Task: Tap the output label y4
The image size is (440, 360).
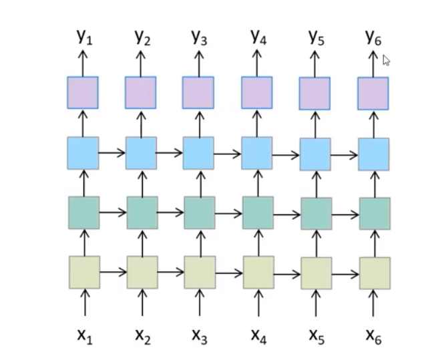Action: coord(258,37)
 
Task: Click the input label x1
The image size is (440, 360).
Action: coord(85,336)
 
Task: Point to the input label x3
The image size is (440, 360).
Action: coord(199,336)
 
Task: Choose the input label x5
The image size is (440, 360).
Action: coord(316,336)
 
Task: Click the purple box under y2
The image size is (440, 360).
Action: coord(140,92)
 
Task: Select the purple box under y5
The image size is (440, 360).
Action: coord(314,94)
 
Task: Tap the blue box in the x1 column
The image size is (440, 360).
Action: coord(83,153)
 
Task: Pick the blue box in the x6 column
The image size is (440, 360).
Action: coord(373,154)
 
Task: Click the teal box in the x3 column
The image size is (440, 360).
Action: coord(199,212)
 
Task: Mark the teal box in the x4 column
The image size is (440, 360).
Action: coord(257,213)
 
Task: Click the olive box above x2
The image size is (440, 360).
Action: coord(142,273)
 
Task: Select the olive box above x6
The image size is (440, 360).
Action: coord(375,273)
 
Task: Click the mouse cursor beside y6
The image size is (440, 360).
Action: coord(386,60)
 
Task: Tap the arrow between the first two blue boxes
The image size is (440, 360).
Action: coord(112,153)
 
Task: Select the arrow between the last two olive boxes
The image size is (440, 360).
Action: coord(345,273)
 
